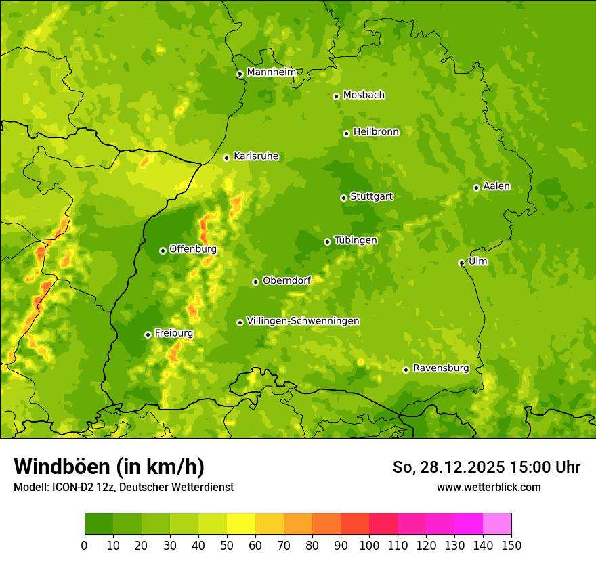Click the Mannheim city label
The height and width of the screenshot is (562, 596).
[x=271, y=72]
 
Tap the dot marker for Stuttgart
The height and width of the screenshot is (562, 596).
[x=343, y=198]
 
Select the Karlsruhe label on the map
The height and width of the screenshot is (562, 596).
[x=255, y=156]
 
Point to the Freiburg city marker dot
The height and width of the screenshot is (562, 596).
[x=148, y=334]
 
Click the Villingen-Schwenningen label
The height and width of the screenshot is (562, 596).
[x=303, y=321]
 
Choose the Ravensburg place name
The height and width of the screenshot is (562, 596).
[x=440, y=368]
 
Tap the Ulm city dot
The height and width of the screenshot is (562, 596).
[x=461, y=263]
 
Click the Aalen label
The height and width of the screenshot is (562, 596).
[x=496, y=186]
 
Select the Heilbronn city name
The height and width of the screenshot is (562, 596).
[x=376, y=132]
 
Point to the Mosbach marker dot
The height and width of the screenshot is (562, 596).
[x=336, y=96]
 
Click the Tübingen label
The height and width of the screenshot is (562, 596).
[x=356, y=240]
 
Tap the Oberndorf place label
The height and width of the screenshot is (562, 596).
[x=286, y=280]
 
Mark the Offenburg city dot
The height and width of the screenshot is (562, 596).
[x=163, y=251]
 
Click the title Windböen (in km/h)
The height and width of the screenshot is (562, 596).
[x=109, y=467]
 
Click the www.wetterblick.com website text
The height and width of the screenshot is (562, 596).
[x=488, y=487]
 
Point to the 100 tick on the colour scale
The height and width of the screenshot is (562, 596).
[x=369, y=545]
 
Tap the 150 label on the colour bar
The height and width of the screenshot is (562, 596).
[x=511, y=545]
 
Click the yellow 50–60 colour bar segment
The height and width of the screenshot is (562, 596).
[x=241, y=524]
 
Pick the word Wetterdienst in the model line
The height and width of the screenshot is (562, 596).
[x=203, y=487]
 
